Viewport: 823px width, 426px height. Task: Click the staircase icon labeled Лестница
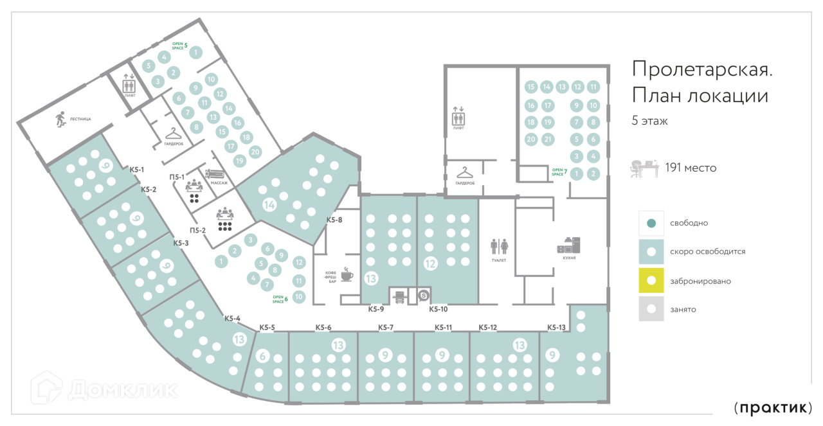tap(60, 118)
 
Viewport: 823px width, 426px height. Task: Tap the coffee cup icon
tap(347, 275)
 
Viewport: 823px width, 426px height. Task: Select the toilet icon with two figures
tap(500, 246)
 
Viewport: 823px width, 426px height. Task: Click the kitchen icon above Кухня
tap(568, 245)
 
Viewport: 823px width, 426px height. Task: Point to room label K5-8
tap(334, 220)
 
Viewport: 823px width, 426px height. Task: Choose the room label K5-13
tap(557, 327)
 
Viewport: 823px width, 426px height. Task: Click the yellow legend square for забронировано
tap(651, 280)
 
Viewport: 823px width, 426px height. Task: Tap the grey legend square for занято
tap(651, 309)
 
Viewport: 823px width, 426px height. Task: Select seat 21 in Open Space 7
tap(547, 139)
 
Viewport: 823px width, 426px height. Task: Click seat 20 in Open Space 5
tap(255, 152)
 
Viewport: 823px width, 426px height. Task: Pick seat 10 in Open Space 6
tap(298, 297)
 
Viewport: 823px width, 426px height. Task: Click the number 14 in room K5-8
tap(269, 205)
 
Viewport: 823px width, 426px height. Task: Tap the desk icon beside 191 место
tap(644, 168)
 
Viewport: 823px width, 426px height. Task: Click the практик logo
tap(773, 407)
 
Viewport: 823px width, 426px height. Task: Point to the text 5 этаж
tap(650, 121)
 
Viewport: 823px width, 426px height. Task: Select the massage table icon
tap(215, 175)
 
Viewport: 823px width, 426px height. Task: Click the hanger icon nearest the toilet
tap(465, 172)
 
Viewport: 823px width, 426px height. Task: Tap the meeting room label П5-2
tap(197, 231)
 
